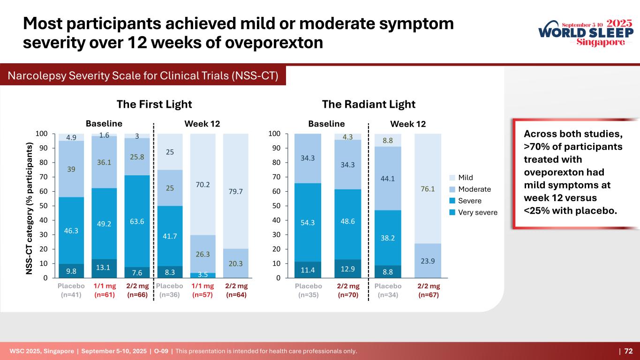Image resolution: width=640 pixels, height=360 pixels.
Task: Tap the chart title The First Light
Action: (x=154, y=104)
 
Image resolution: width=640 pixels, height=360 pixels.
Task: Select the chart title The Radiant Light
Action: (x=369, y=104)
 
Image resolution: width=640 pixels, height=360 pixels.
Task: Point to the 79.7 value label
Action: (x=236, y=191)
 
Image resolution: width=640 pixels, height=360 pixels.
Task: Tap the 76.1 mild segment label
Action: (x=428, y=189)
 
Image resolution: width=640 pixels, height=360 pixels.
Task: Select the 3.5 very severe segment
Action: (x=203, y=275)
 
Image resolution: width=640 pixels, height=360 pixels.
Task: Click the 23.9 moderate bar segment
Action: (x=428, y=261)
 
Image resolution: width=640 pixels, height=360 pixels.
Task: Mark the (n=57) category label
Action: (x=203, y=295)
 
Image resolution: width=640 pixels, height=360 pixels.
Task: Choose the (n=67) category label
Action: (x=428, y=295)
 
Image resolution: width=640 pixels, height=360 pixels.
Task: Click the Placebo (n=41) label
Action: (x=71, y=291)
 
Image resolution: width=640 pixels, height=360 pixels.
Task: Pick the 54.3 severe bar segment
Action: (x=308, y=222)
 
